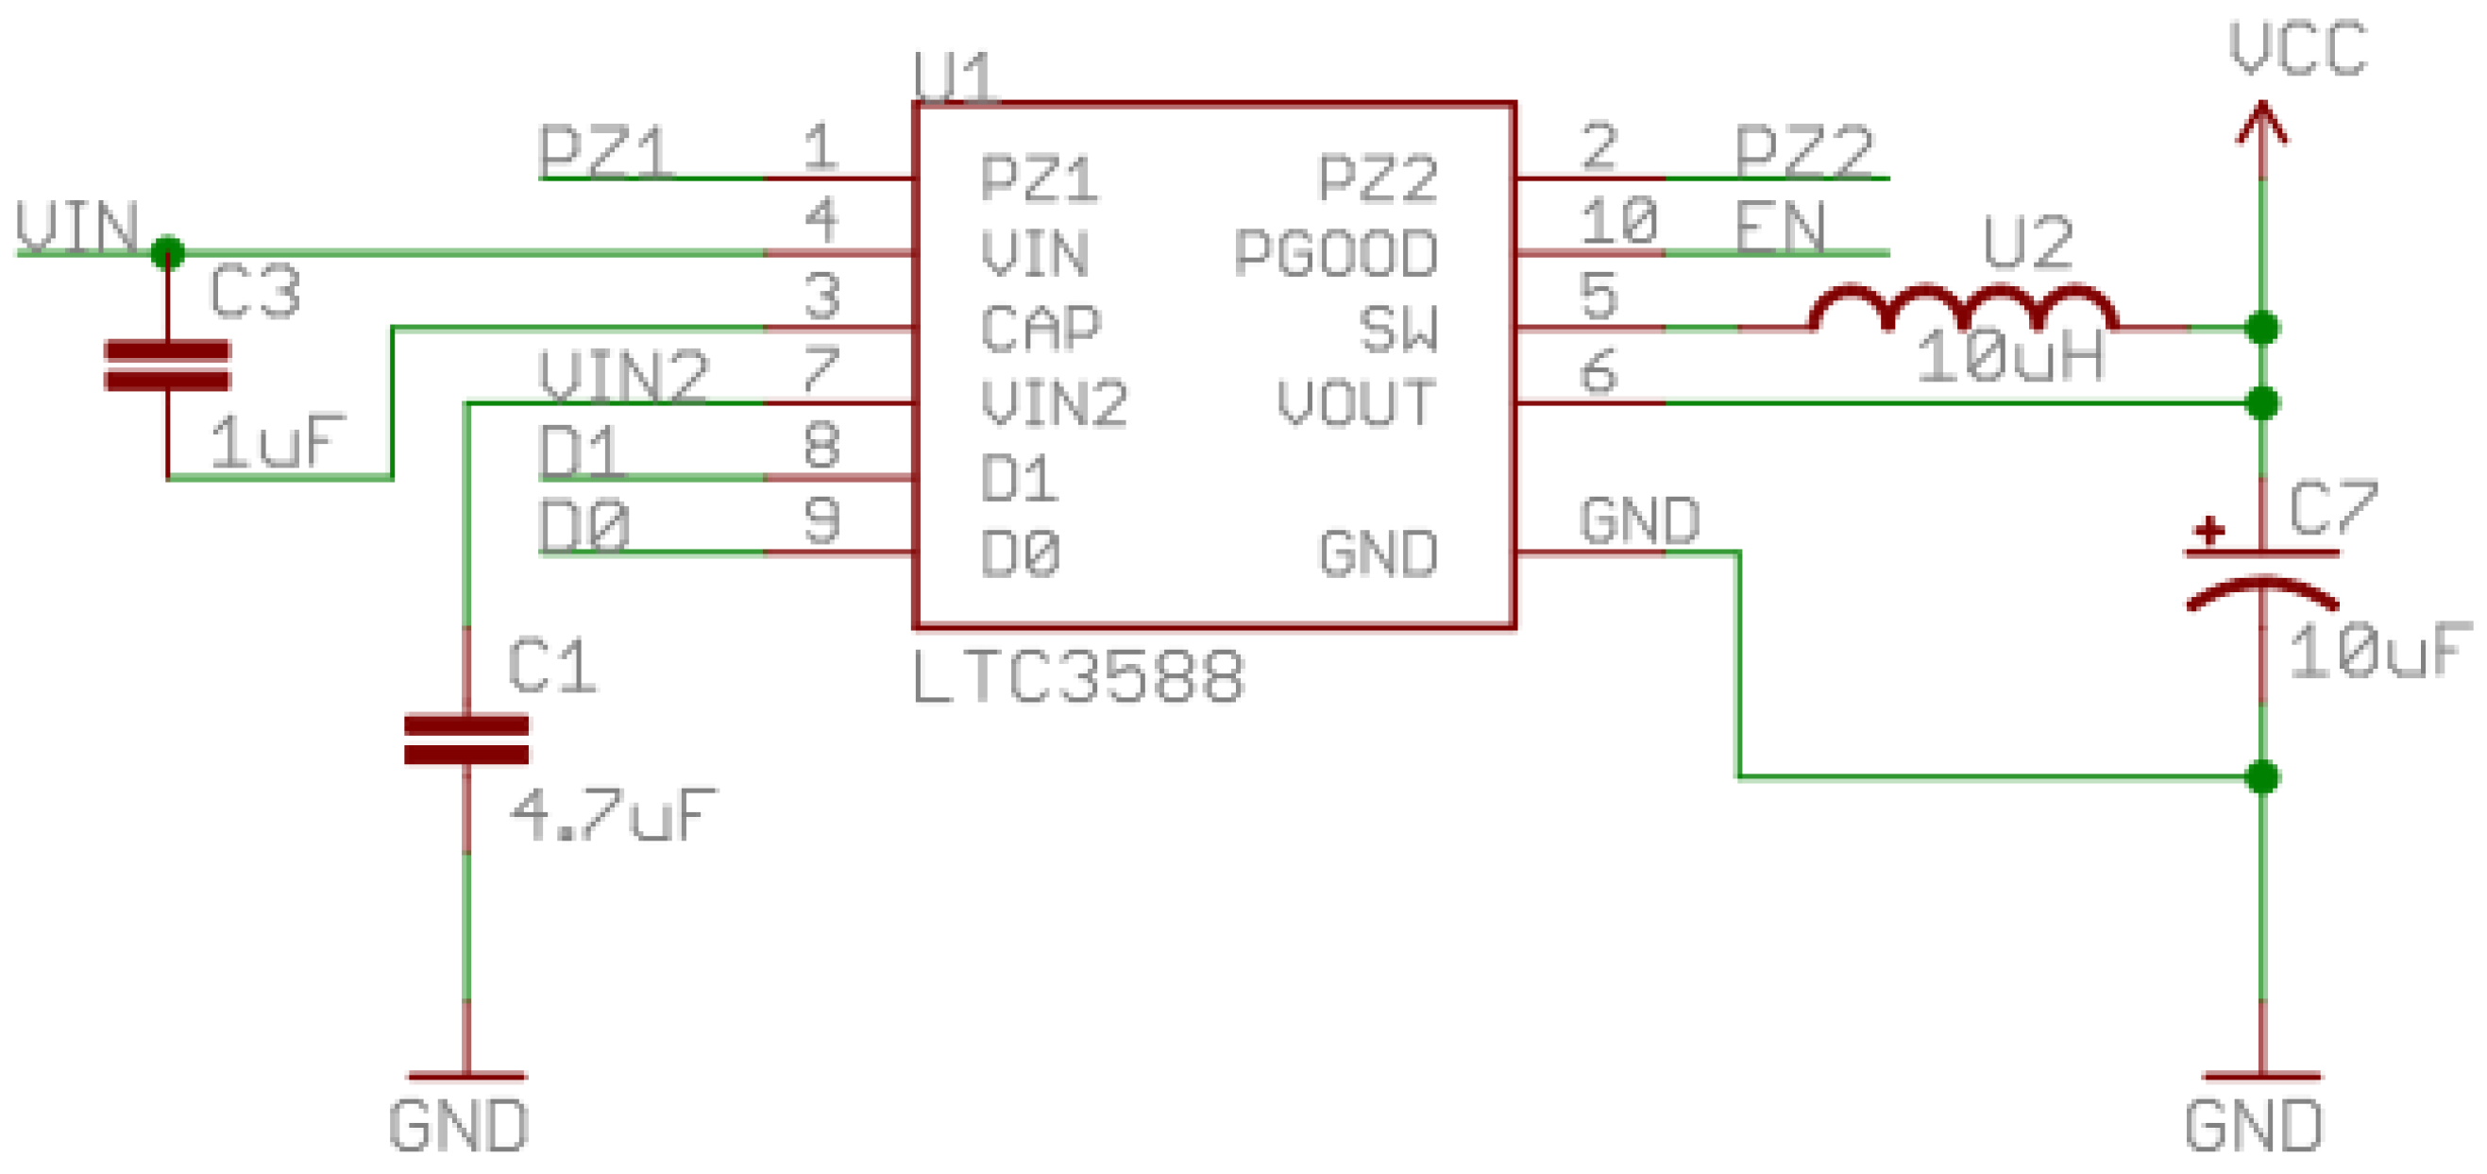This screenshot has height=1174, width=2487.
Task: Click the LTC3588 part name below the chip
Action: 1077,677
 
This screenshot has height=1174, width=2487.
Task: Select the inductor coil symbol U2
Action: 1964,309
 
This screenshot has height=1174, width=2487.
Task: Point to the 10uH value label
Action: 2010,357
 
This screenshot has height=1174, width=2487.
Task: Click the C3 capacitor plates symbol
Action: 167,365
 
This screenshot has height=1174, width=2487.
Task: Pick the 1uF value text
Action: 277,442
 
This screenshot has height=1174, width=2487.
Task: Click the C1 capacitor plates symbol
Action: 466,739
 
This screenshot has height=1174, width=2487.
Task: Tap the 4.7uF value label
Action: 614,816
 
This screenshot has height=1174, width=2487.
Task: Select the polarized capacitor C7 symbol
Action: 2261,579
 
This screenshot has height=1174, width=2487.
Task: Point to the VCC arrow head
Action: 2262,124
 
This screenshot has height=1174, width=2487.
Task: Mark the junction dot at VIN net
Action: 168,253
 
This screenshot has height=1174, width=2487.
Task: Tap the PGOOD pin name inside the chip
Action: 1336,254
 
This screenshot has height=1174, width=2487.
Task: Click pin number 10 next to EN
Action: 1619,221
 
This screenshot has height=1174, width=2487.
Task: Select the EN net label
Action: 1779,228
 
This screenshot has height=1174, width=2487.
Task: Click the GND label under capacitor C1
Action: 460,1126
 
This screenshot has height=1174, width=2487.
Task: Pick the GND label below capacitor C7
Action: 2254,1126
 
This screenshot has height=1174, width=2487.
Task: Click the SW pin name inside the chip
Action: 1398,330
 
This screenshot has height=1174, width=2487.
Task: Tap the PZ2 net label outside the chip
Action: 1803,151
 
